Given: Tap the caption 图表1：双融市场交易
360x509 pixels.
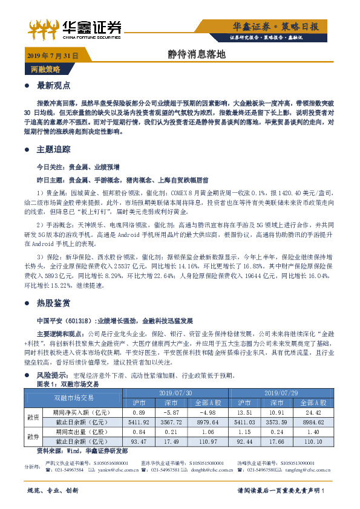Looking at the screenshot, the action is [68, 384].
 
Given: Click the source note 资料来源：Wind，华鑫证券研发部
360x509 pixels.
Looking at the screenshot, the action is [82, 451].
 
